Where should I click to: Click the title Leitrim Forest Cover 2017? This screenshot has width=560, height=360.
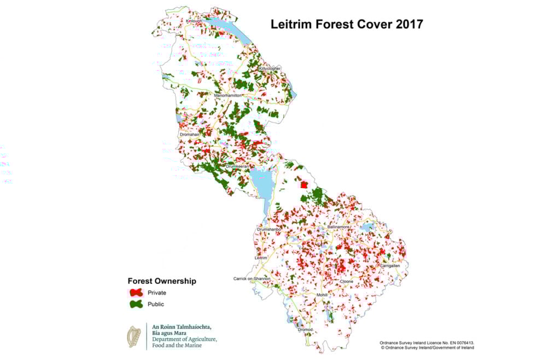coord(347,25)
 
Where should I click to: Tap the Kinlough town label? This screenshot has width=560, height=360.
coord(194,21)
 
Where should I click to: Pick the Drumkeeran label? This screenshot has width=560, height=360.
coord(237,166)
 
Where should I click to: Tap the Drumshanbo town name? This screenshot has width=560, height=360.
coord(269,229)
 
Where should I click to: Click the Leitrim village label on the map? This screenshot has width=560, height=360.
coord(262,257)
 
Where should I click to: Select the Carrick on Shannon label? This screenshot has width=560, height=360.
coord(256,278)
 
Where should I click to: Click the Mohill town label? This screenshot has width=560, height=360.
coord(322,295)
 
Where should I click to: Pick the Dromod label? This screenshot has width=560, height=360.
coord(305,330)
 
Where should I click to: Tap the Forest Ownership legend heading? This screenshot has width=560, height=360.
coord(161,281)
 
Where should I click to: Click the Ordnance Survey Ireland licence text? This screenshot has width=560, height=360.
coord(427,343)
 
